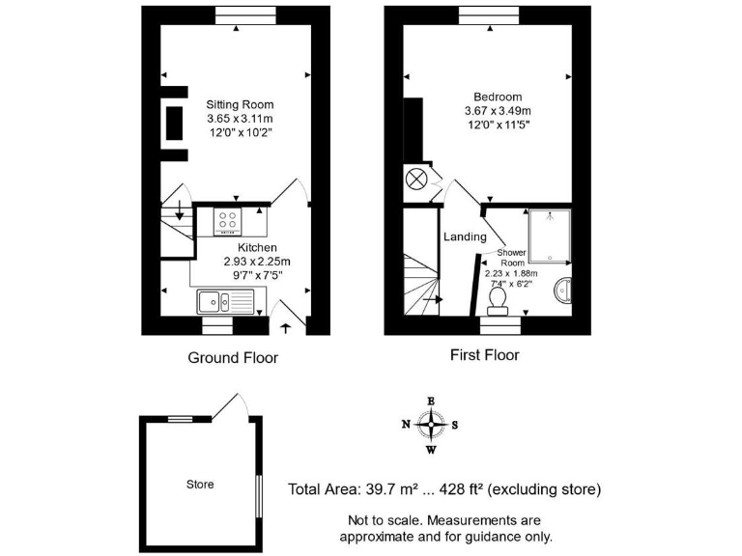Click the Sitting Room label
point(240,104)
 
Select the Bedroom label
point(498,97)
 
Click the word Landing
point(464,236)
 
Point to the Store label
point(200,484)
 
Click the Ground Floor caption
point(232,357)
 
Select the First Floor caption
point(484,355)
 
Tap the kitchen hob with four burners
point(230,222)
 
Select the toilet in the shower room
point(499,304)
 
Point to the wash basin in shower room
point(565,289)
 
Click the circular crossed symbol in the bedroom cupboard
point(415,179)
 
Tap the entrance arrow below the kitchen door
point(286,328)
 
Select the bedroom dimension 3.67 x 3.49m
point(498,110)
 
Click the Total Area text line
point(444,489)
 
